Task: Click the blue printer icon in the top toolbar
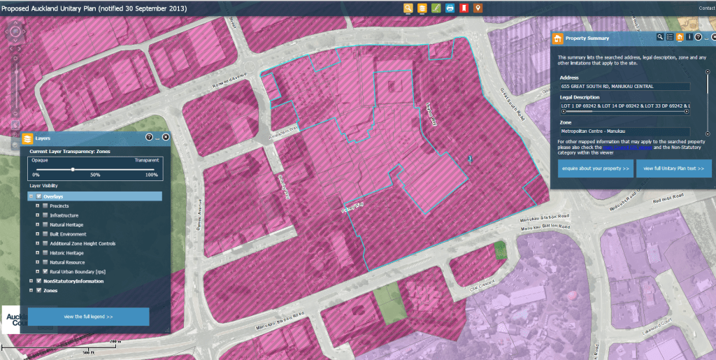point(450,8)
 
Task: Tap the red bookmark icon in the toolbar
point(464,8)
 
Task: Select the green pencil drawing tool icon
point(436,8)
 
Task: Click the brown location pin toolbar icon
point(478,8)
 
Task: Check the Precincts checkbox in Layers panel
point(45,206)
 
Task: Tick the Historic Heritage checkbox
point(45,252)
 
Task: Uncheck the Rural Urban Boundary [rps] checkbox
point(45,271)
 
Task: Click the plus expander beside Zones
point(31,290)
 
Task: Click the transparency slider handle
point(73,168)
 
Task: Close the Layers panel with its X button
point(166,137)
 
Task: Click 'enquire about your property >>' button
point(595,169)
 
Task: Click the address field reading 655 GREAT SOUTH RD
point(624,86)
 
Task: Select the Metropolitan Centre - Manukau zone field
point(624,131)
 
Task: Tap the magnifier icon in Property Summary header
point(659,37)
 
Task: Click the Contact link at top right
point(706,8)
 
